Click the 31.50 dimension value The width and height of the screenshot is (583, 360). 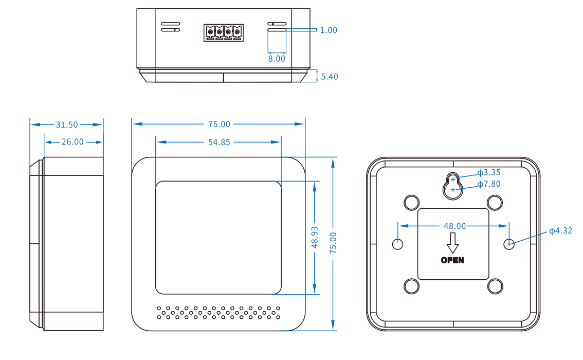coord(66,124)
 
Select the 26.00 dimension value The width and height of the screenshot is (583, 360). coord(72,142)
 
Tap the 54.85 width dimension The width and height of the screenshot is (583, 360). coord(219,142)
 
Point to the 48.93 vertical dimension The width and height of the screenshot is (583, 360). coord(315,238)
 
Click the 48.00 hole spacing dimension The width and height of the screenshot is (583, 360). coord(454,226)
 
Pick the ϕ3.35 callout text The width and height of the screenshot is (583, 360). coord(488,173)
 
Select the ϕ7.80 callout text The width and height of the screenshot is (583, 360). coord(488,184)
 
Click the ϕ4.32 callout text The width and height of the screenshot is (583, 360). coord(560,231)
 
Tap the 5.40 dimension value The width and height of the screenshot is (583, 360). coord(329,77)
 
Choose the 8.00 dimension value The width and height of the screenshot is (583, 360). coord(277,59)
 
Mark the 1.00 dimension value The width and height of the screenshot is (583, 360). coord(329,30)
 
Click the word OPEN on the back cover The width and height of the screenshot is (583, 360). coord(452,260)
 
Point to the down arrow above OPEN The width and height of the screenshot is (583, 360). coord(452,243)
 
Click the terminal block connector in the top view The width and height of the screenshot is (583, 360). coord(224,33)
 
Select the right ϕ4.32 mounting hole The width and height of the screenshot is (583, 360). coord(509,244)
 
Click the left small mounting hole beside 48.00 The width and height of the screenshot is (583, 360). coord(398,244)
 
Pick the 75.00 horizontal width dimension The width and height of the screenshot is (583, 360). coord(219,124)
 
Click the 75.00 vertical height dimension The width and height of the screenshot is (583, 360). coord(333,243)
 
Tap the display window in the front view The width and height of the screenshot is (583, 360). coord(218,238)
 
